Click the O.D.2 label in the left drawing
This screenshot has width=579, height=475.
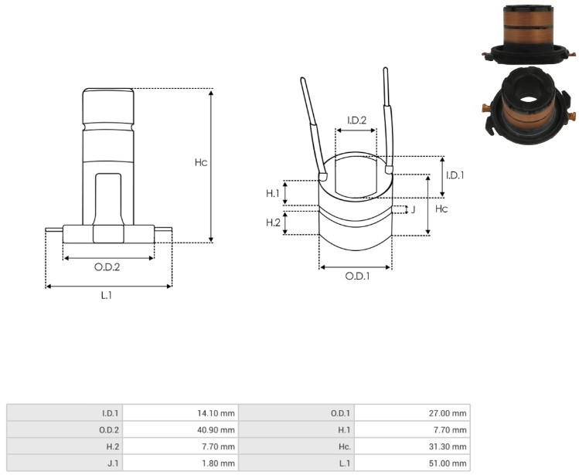click(107, 266)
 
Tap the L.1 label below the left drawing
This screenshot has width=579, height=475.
click(107, 295)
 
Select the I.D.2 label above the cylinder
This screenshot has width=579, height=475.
click(356, 120)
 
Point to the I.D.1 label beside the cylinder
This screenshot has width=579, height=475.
click(455, 175)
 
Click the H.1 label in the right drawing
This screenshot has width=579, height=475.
click(273, 193)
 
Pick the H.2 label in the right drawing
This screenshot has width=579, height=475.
click(273, 222)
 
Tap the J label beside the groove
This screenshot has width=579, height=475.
click(414, 209)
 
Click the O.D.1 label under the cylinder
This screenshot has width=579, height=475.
click(357, 276)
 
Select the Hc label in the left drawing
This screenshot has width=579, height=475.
click(201, 162)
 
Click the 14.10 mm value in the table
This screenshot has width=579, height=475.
click(216, 413)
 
